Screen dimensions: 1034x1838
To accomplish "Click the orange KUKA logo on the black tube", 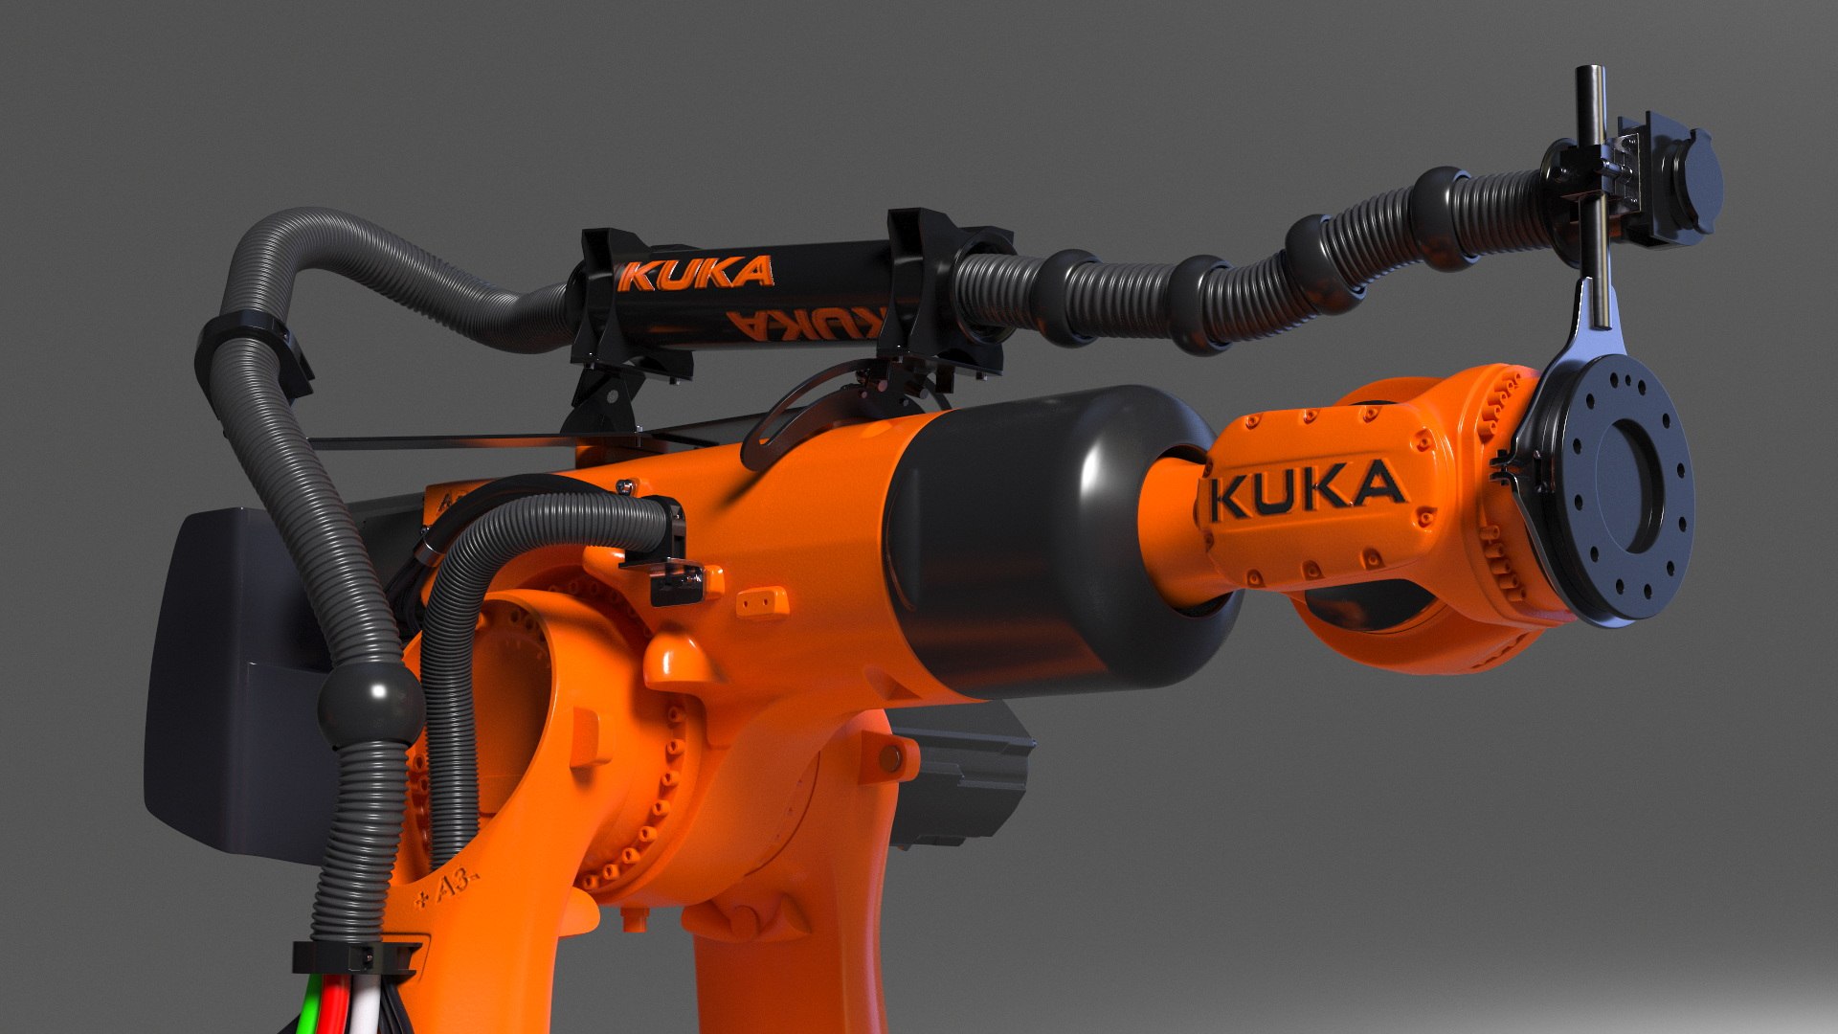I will point(696,274).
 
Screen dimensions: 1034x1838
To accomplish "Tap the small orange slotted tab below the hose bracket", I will point(763,602).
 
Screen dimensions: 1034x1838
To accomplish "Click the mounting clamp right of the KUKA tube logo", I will point(933,287).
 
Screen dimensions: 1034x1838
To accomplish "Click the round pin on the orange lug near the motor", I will point(891,759).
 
